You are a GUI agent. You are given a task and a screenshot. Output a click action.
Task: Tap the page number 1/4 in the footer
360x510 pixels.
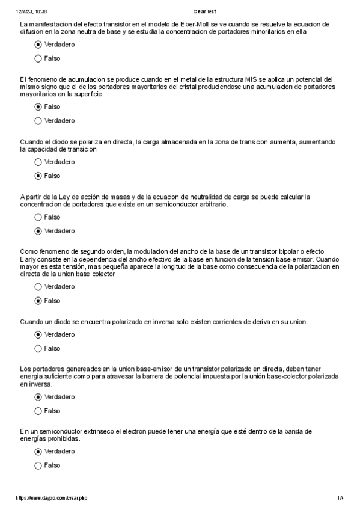[340, 499]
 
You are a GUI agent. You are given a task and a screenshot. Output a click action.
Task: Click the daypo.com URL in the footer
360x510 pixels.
[55, 499]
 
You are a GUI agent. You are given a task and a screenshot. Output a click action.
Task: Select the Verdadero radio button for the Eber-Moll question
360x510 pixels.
[38, 45]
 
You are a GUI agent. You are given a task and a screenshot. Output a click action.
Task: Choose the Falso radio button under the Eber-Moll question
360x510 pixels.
[38, 58]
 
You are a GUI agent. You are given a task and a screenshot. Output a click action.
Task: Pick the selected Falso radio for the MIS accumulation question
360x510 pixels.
[38, 106]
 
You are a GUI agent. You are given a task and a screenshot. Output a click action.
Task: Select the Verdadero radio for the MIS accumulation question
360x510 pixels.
[38, 121]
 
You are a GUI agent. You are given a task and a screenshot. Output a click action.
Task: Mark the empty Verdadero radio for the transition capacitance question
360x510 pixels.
[38, 162]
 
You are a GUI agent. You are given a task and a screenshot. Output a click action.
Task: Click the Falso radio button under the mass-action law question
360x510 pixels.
[38, 217]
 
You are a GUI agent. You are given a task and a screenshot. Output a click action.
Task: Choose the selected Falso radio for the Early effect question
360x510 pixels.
[38, 300]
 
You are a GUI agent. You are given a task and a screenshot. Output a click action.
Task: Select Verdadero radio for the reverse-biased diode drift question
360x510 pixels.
[38, 334]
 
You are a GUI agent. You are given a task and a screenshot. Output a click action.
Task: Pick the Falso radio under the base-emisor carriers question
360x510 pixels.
[38, 411]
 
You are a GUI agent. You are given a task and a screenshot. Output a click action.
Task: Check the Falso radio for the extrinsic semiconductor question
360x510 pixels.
[38, 465]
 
